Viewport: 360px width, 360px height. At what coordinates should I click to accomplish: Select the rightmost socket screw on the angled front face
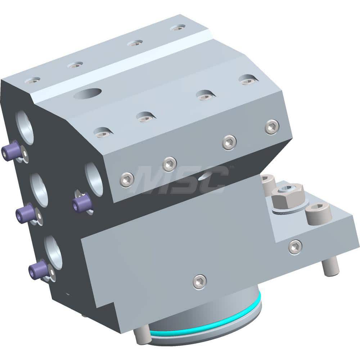pyautogui.click(x=272, y=127)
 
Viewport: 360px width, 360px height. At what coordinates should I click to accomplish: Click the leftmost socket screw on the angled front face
pyautogui.click(x=127, y=179)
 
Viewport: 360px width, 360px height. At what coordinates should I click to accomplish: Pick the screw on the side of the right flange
pyautogui.click(x=295, y=247)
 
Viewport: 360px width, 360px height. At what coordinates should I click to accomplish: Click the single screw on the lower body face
pyautogui.click(x=199, y=282)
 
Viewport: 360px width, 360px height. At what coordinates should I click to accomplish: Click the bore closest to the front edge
pyautogui.click(x=94, y=179)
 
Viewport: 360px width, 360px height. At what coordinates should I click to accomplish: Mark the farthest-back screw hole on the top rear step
pyautogui.click(x=178, y=28)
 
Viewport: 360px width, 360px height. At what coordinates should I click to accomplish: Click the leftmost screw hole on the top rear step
pyautogui.click(x=32, y=80)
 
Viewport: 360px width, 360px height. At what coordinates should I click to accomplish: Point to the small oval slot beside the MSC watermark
pyautogui.click(x=207, y=175)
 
